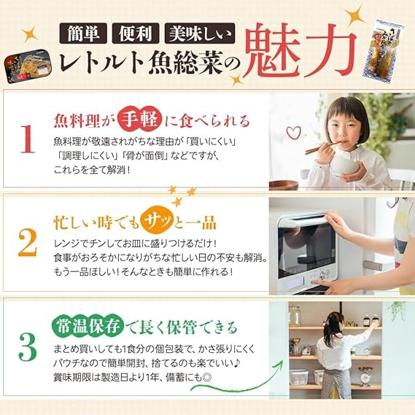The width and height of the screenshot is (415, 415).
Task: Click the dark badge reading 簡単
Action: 83,34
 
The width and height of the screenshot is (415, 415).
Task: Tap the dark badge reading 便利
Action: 136,34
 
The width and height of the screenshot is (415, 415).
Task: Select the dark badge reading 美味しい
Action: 200,34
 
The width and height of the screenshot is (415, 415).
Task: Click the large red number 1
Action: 28,139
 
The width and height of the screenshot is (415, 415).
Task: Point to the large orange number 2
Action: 27,242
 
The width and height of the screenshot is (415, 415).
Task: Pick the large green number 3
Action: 28,347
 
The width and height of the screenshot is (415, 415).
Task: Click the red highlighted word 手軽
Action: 140,121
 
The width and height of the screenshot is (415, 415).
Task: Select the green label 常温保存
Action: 88,326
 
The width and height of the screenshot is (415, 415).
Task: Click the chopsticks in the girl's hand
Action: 322,147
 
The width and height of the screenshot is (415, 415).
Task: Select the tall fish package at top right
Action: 384,51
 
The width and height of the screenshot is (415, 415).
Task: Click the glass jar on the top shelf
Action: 295,315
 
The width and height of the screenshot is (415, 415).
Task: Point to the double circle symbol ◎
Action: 207,378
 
